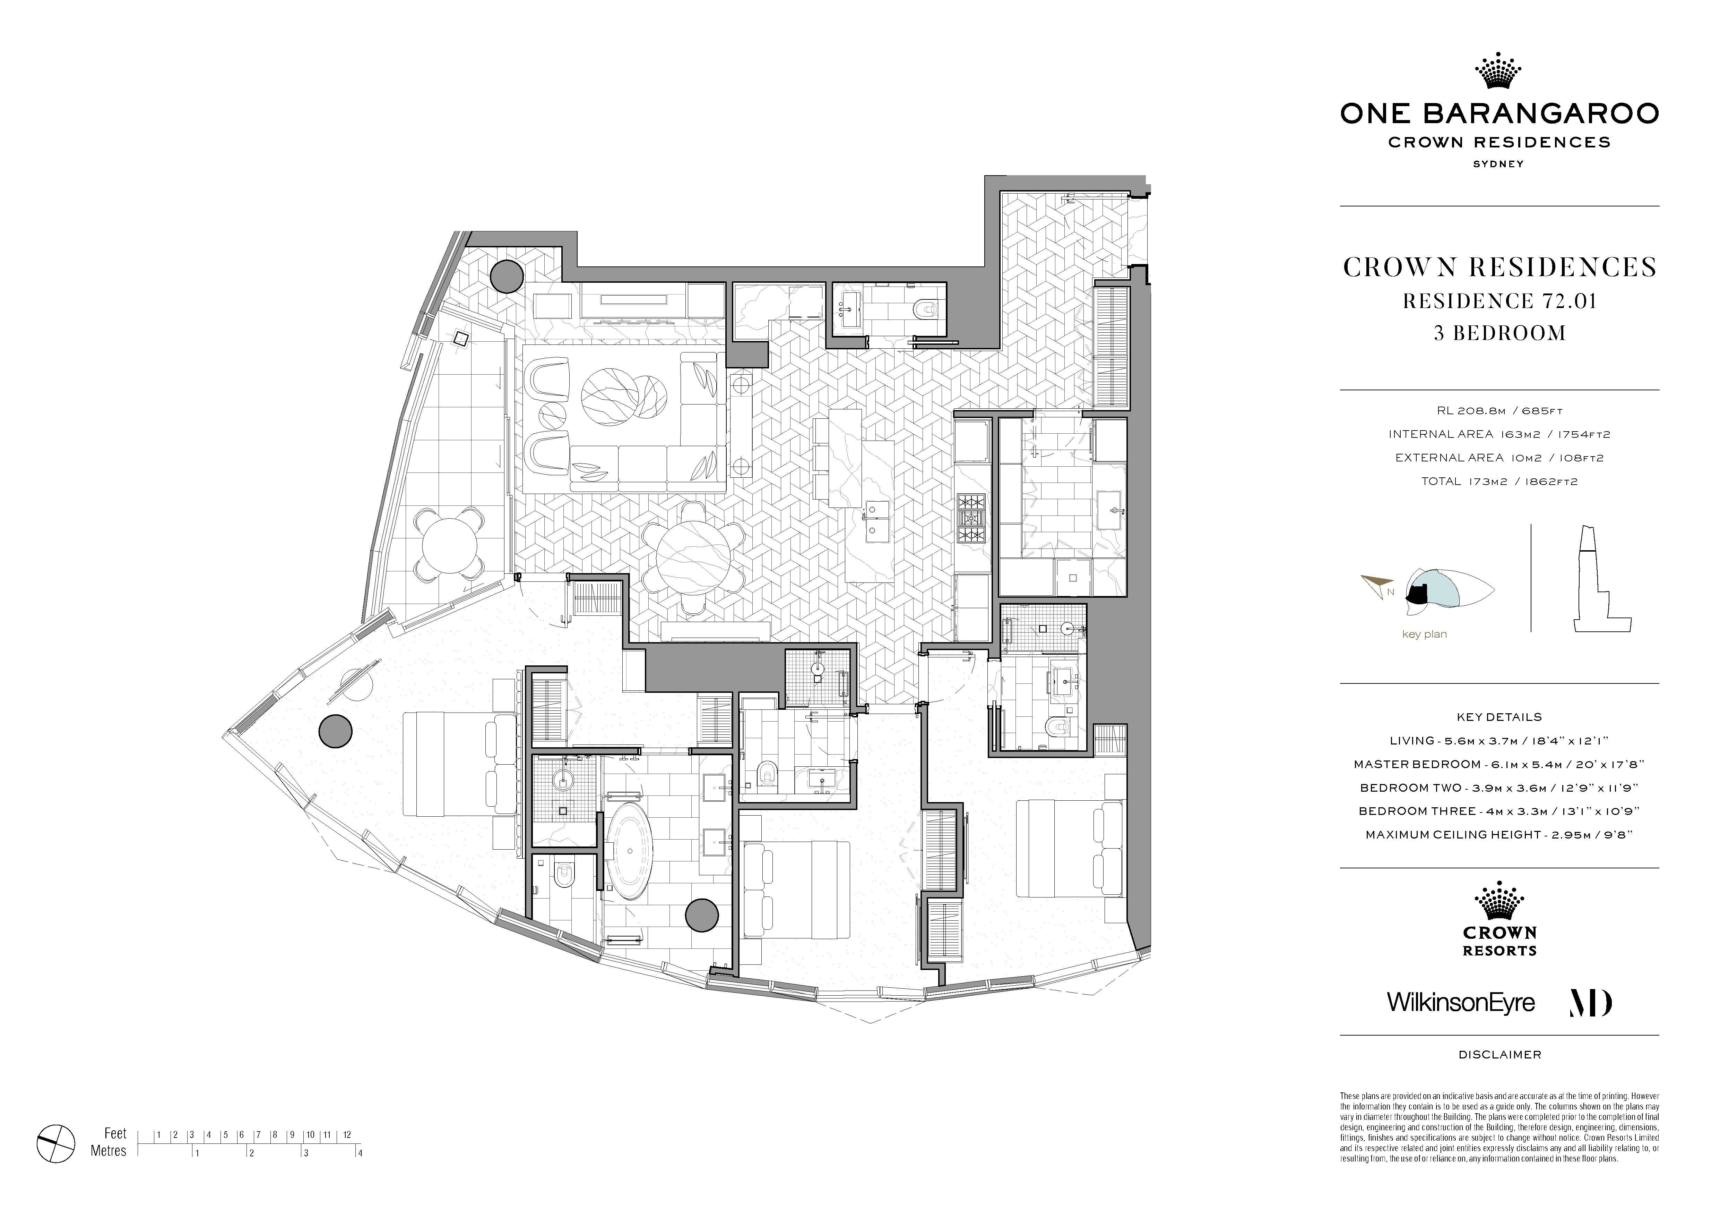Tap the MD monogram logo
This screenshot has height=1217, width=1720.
pyautogui.click(x=1590, y=1003)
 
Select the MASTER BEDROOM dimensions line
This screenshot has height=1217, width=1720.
pyautogui.click(x=1499, y=764)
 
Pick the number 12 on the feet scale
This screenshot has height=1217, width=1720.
pyautogui.click(x=347, y=1134)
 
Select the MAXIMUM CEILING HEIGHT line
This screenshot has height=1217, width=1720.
pyautogui.click(x=1499, y=834)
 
